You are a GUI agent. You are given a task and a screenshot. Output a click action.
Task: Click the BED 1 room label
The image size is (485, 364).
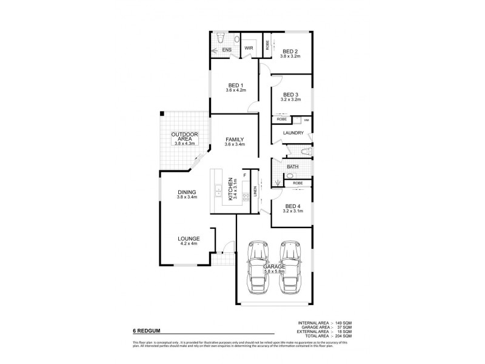pyautogui.click(x=235, y=85)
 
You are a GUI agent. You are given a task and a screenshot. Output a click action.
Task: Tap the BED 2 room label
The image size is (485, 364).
pyautogui.click(x=290, y=52)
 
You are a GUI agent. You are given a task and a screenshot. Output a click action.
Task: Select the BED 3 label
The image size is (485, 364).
pyautogui.click(x=291, y=95)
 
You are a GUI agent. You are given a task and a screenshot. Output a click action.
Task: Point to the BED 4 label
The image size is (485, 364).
pyautogui.click(x=291, y=206)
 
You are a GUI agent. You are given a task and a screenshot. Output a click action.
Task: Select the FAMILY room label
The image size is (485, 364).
pyautogui.click(x=235, y=140)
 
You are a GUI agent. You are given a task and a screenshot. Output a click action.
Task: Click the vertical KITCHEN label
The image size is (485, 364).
pyautogui.click(x=230, y=189)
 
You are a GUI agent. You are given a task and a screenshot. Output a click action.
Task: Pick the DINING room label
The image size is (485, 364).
pyautogui.click(x=187, y=192)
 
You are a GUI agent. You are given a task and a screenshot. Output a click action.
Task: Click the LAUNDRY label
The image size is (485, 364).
pyautogui.click(x=293, y=133)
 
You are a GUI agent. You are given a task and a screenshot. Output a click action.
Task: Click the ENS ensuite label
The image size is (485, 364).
pyautogui.click(x=227, y=49)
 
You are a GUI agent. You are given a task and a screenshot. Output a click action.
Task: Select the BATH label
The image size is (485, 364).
pyautogui.click(x=293, y=166)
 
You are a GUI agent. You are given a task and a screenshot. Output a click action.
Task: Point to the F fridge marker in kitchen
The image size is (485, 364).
pyautogui.click(x=244, y=175)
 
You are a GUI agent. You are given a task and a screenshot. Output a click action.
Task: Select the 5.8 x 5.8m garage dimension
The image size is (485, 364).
pyautogui.click(x=274, y=272)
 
